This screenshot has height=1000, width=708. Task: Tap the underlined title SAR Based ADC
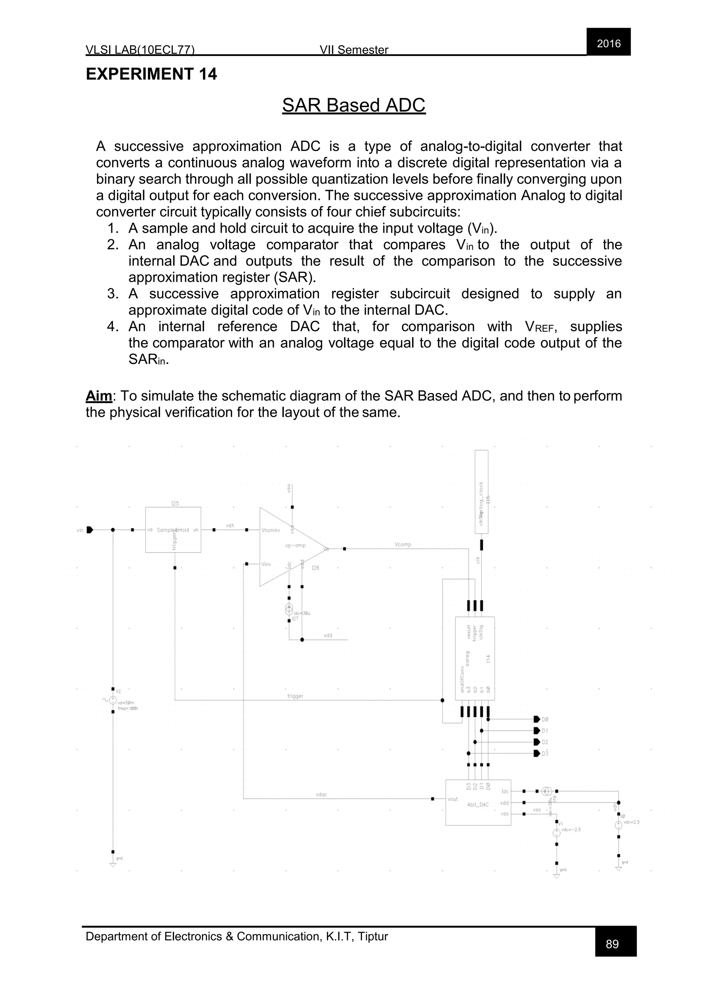coord(354,105)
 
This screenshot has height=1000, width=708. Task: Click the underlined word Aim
coord(99,396)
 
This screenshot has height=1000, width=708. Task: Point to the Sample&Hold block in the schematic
coord(173,530)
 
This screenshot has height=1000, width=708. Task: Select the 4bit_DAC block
coord(478,802)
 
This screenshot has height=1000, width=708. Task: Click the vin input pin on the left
coord(90,530)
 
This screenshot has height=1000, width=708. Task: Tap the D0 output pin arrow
coord(537,719)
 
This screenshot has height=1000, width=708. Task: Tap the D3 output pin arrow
coord(537,753)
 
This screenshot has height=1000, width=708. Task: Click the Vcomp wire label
coord(402,545)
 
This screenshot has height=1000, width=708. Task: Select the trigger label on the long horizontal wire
coord(295,696)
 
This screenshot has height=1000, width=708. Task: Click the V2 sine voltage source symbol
coord(113,700)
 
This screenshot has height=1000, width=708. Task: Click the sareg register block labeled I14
coord(475,658)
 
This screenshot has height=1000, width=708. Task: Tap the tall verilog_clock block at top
coord(481,491)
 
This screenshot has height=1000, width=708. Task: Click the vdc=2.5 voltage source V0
coord(618,825)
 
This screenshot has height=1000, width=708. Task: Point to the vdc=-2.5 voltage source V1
coord(556,833)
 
